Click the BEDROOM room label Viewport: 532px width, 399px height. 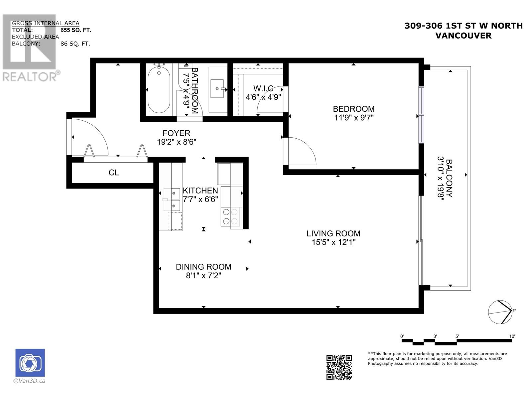pyautogui.click(x=354, y=109)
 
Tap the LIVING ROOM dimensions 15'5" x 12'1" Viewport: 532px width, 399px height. pyautogui.click(x=333, y=242)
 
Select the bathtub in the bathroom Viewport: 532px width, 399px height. pyautogui.click(x=159, y=89)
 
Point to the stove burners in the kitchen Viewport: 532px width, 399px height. pyautogui.click(x=230, y=216)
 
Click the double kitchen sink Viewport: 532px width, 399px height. pyautogui.click(x=172, y=199)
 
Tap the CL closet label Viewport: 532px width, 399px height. pyautogui.click(x=114, y=173)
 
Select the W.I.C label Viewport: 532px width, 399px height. pyautogui.click(x=263, y=88)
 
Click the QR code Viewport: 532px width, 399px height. pyautogui.click(x=339, y=367)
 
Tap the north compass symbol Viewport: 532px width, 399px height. pyautogui.click(x=500, y=312)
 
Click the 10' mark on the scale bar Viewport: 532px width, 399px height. pyautogui.click(x=512, y=336)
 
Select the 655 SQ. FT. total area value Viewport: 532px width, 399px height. pyautogui.click(x=76, y=30)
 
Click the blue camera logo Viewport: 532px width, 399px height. pyautogui.click(x=30, y=363)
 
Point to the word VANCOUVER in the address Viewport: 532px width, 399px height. pyautogui.click(x=464, y=36)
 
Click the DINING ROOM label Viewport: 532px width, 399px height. pyautogui.click(x=203, y=267)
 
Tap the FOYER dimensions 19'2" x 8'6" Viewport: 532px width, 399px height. pyautogui.click(x=177, y=142)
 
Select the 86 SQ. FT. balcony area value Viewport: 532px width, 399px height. pyautogui.click(x=75, y=44)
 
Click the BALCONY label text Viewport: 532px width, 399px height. pyautogui.click(x=449, y=178)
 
